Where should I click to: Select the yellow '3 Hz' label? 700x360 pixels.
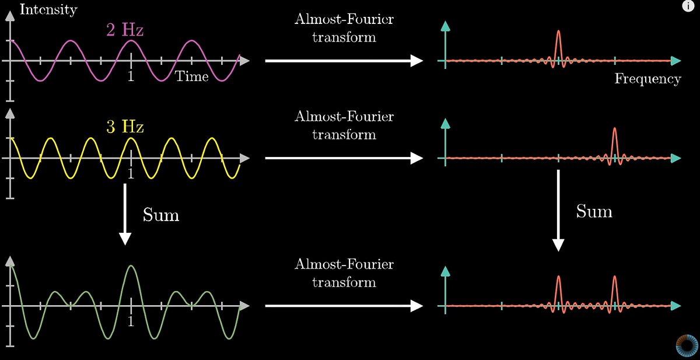(125, 127)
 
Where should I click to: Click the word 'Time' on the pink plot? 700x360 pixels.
(192, 76)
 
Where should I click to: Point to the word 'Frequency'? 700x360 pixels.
(647, 79)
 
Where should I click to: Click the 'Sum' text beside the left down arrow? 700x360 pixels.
(161, 215)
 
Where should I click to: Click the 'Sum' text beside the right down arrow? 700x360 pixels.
(594, 211)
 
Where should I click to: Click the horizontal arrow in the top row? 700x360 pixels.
(344, 60)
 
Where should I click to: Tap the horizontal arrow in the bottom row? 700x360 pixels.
(344, 306)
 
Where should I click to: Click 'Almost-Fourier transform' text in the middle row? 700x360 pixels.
(344, 125)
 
